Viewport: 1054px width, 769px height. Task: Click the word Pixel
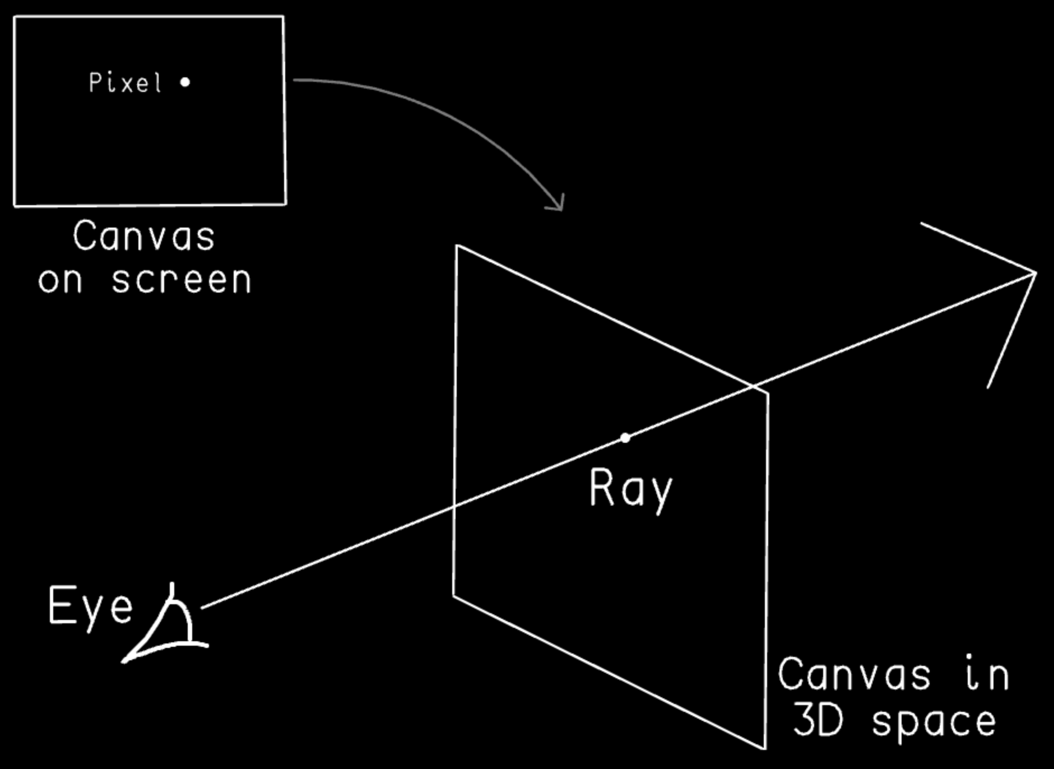coord(126,83)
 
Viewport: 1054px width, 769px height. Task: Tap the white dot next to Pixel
coord(185,82)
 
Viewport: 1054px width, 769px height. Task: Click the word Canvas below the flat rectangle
coord(143,236)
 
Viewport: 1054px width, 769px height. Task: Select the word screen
coord(181,280)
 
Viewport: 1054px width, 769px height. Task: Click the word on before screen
coord(61,280)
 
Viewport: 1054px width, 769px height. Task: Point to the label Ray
coord(630,489)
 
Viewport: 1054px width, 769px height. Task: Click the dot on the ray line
coord(625,438)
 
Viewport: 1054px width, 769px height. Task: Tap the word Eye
coord(91,606)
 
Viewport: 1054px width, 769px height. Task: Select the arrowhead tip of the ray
coord(1036,273)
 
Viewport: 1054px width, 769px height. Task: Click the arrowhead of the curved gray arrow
coord(560,207)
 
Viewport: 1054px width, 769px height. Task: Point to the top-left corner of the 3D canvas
coord(457,245)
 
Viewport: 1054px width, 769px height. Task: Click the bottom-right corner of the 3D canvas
coord(765,748)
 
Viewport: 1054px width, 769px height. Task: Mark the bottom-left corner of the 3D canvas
coord(453,595)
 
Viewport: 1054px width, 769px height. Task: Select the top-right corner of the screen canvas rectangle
coord(283,17)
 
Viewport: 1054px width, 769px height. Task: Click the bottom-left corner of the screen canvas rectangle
coord(15,206)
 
